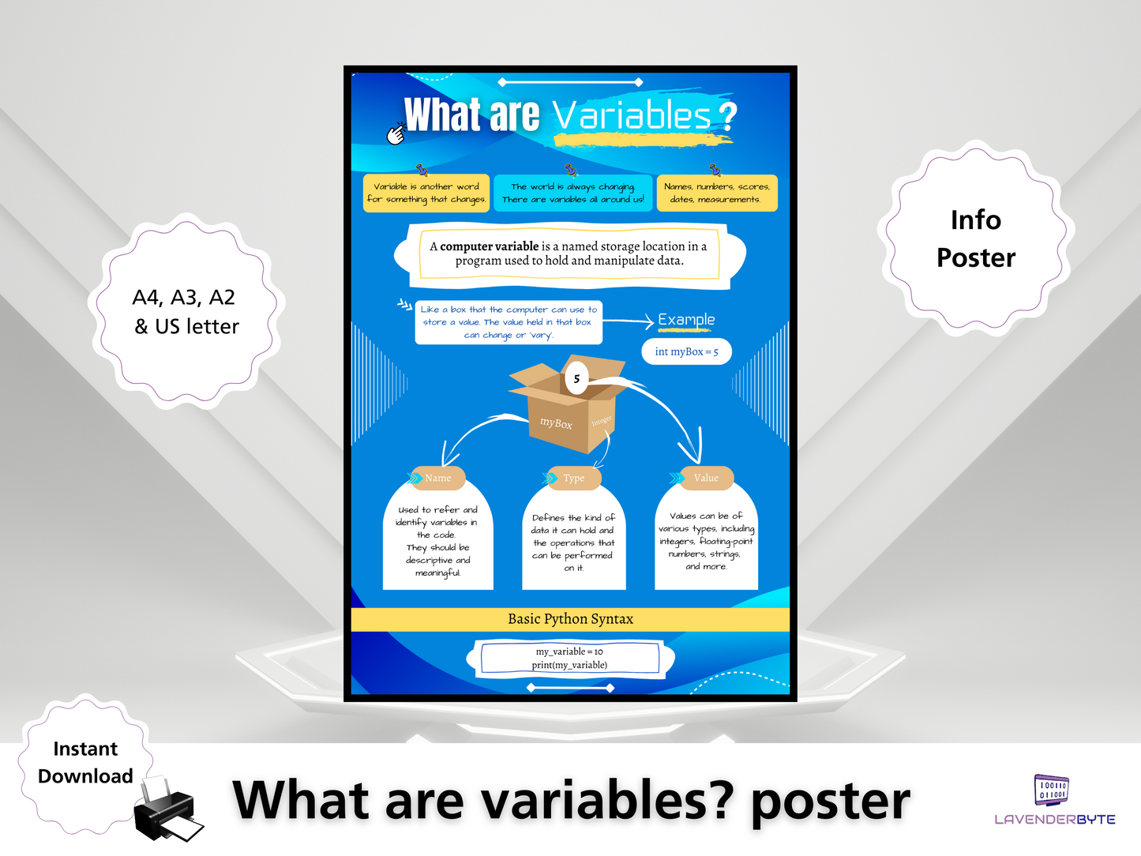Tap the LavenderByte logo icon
point(1052,790)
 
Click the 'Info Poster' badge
point(975,238)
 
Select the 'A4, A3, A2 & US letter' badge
point(186,311)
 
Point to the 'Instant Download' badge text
point(85,762)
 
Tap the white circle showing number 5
point(576,379)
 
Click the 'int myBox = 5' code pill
point(686,352)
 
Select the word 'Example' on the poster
point(686,320)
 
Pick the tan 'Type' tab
point(574,478)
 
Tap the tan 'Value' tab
point(706,478)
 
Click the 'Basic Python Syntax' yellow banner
point(570,619)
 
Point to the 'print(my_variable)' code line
point(569,665)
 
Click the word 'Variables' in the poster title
point(632,116)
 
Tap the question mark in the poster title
point(727,116)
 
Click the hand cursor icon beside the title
point(396,134)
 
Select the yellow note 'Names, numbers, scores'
point(716,193)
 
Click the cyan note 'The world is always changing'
point(573,193)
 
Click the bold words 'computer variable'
point(489,246)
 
